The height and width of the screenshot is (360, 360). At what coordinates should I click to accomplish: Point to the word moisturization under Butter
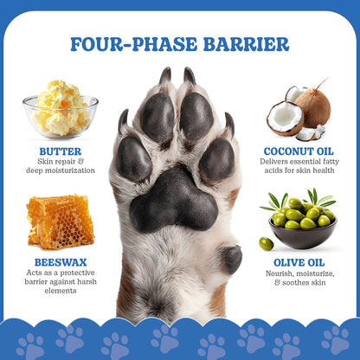(74, 172)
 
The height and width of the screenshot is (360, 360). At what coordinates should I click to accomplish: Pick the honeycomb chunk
(60, 222)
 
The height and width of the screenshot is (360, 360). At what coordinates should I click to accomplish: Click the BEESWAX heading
(61, 260)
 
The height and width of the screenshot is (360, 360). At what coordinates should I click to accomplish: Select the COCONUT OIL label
(298, 151)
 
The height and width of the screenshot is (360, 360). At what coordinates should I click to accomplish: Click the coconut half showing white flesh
(285, 119)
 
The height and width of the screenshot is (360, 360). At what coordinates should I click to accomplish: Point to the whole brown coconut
(312, 105)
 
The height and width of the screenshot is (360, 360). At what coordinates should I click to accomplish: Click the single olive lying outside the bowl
(266, 243)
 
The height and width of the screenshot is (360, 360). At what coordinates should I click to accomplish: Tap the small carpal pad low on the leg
(230, 258)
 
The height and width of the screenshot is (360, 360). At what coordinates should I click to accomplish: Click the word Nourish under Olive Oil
(283, 273)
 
